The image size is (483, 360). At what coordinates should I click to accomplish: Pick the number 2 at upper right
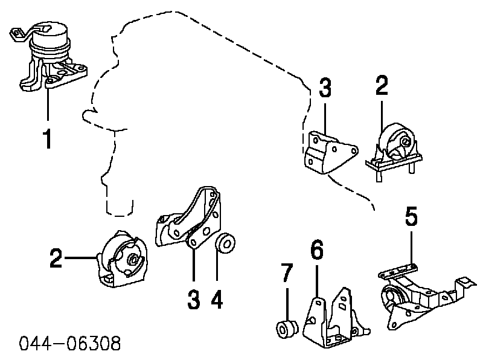(382, 87)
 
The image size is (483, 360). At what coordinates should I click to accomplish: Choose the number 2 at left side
(56, 260)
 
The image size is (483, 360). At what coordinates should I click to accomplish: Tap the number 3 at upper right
(325, 88)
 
